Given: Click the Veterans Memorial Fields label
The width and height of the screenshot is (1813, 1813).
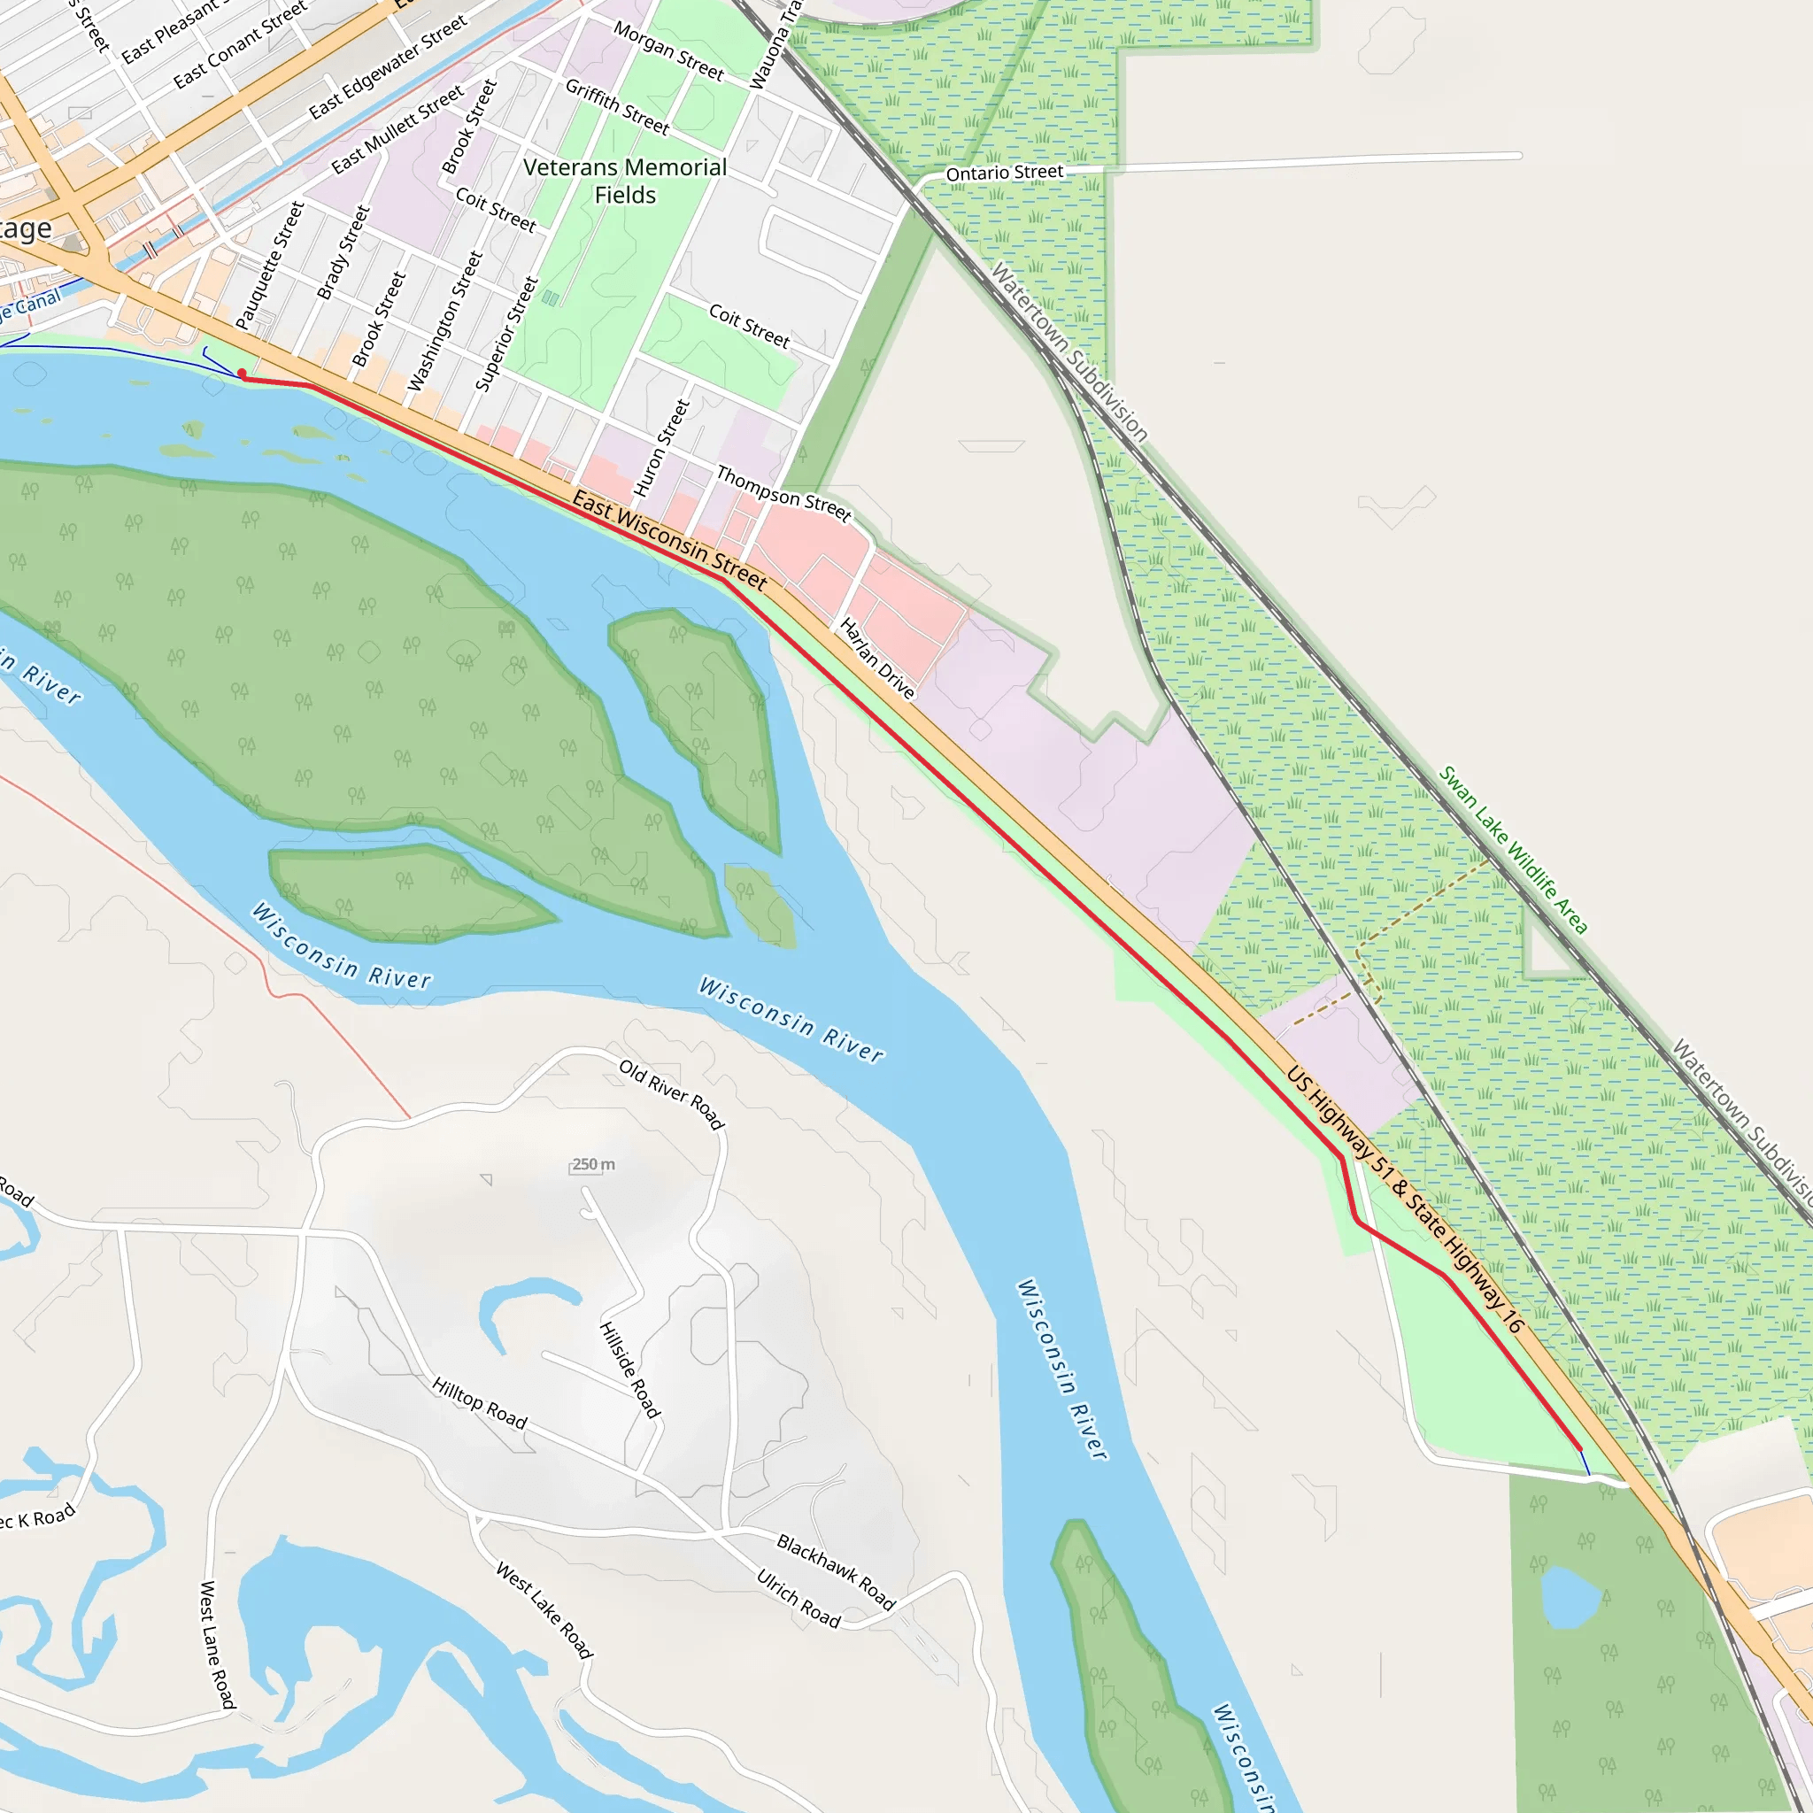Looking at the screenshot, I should [x=625, y=181].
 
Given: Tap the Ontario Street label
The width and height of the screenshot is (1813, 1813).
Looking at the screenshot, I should [x=1004, y=174].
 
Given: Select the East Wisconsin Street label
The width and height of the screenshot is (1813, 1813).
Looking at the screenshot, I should [x=670, y=541].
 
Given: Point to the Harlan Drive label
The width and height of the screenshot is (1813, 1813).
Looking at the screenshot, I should [x=876, y=658].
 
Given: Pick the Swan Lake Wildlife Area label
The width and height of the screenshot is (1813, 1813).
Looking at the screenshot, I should [x=1513, y=850].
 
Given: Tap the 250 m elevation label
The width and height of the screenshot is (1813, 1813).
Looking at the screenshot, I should [x=593, y=1165].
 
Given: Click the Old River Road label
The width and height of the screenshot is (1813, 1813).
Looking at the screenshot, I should [x=672, y=1093].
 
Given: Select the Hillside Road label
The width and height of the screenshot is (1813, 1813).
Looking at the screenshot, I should [x=629, y=1369].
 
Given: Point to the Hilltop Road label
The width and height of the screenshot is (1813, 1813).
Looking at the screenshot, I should [x=480, y=1402].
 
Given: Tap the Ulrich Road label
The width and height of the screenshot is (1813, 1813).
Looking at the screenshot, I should [x=798, y=1598].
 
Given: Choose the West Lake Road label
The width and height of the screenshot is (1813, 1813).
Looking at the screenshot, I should [x=544, y=1609].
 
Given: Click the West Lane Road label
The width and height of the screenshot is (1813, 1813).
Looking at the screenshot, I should [x=217, y=1644].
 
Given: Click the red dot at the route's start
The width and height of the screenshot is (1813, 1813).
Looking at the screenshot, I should [x=242, y=374].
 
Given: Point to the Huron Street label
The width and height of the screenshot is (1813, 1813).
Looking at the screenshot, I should [x=661, y=448].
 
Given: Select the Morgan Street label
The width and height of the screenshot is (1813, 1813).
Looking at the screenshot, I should [x=668, y=50].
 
